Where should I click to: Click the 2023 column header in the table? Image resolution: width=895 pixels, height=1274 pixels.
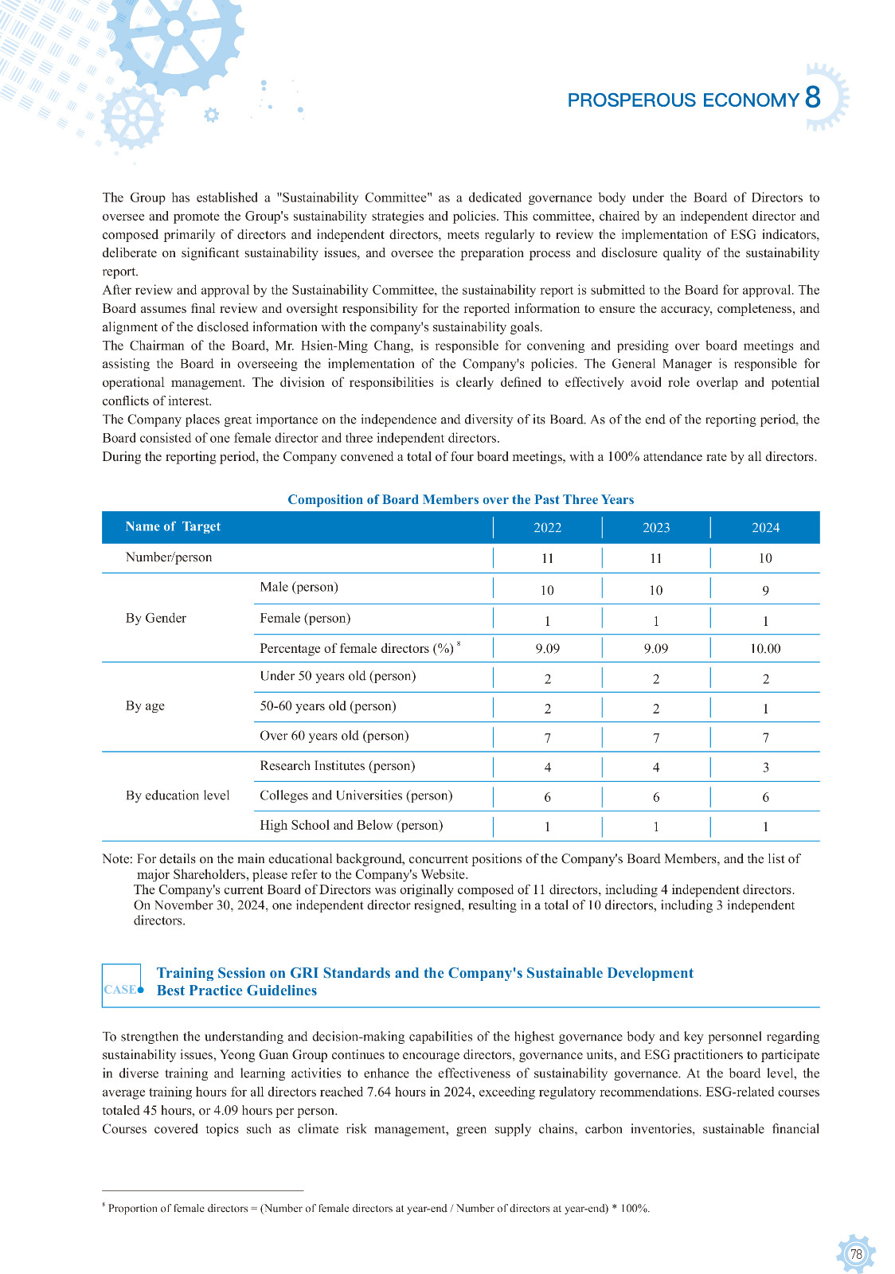(655, 527)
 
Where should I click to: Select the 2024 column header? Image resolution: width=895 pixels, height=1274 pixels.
(765, 527)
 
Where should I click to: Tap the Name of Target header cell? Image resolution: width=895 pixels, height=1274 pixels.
(173, 526)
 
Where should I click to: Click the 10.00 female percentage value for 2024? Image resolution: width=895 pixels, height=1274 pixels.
(765, 649)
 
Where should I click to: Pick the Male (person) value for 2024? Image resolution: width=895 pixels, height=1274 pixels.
(765, 590)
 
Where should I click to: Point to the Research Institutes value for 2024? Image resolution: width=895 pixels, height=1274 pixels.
(765, 768)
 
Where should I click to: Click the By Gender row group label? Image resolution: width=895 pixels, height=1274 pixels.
(156, 619)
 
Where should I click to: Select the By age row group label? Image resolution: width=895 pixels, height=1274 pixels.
(145, 706)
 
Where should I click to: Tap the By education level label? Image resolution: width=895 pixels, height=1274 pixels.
(178, 795)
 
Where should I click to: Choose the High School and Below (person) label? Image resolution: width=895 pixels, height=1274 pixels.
(351, 826)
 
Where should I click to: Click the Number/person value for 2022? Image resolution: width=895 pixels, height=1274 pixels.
(547, 558)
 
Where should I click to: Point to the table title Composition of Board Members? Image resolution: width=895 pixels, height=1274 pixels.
(460, 500)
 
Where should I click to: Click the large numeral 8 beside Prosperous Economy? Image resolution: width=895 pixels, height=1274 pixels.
(813, 98)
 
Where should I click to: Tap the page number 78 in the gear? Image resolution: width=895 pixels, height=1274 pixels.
(856, 1255)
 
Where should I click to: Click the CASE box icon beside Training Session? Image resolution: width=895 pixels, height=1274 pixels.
(122, 986)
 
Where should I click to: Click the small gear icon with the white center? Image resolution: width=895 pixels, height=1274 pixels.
(211, 115)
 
